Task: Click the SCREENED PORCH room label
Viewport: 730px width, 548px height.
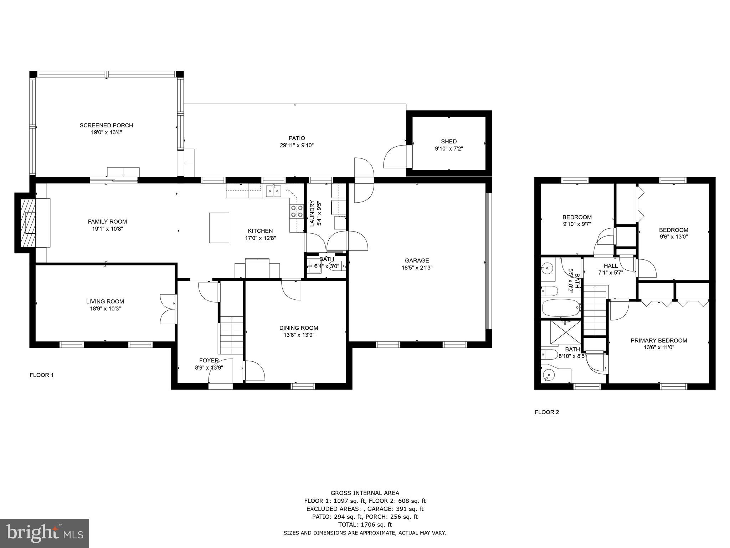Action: [106, 125]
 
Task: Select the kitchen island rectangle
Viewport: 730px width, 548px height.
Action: [219, 228]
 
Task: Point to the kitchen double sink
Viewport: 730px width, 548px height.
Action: [274, 192]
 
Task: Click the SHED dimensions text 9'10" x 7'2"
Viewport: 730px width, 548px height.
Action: [449, 148]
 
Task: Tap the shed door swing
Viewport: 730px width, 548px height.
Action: [395, 157]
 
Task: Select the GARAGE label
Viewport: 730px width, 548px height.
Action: [417, 260]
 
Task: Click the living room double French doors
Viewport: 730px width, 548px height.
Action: [168, 309]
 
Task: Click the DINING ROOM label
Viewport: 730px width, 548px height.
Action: [298, 328]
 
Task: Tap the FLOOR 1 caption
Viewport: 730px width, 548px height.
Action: [41, 375]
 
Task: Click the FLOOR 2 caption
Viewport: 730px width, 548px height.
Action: [547, 412]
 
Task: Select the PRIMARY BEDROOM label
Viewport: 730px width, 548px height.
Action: [659, 340]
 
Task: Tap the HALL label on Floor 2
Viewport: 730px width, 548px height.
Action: [611, 266]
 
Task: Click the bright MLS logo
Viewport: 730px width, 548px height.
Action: [45, 533]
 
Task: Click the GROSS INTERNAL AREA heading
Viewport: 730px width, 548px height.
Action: [365, 493]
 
